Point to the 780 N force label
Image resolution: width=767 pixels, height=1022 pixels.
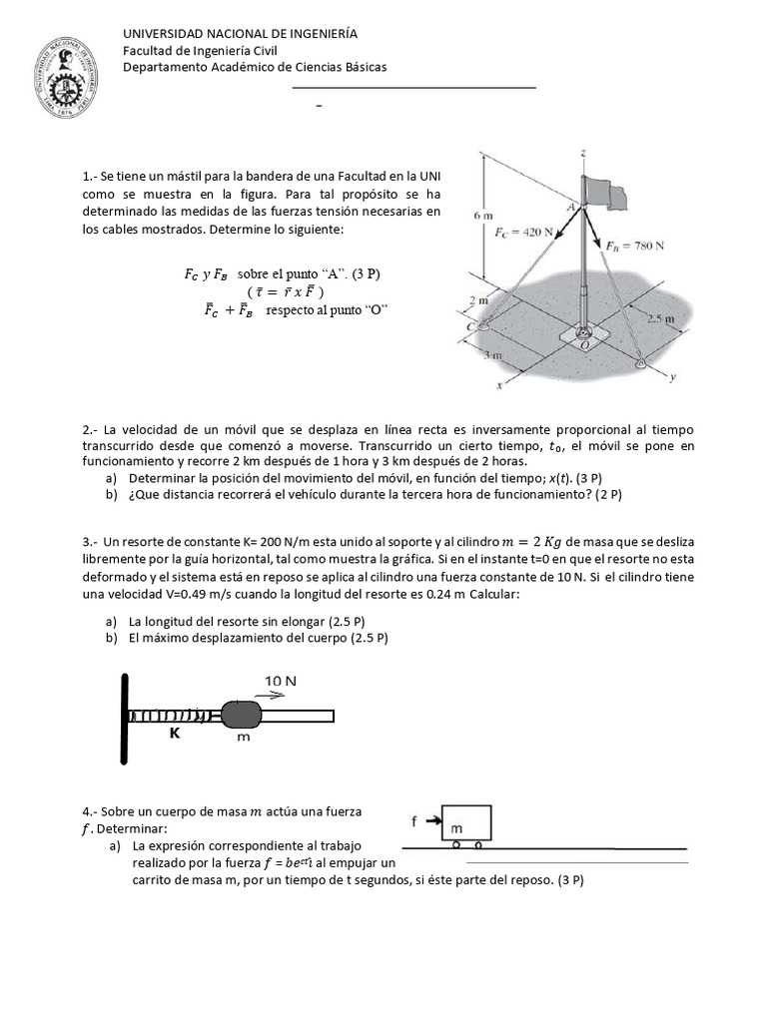(638, 245)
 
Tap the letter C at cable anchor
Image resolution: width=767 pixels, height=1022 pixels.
(468, 326)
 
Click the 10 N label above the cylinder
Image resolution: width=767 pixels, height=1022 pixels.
(281, 681)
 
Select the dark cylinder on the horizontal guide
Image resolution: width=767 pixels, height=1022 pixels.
(240, 715)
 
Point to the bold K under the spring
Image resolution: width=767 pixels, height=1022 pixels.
(174, 732)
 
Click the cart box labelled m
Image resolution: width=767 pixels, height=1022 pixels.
(465, 823)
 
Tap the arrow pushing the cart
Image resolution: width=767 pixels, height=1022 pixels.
(431, 820)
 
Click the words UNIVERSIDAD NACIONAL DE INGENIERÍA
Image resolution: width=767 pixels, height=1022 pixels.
(240, 34)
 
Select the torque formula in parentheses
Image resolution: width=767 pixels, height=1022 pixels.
(284, 290)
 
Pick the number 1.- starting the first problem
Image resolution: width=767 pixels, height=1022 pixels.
(89, 176)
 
